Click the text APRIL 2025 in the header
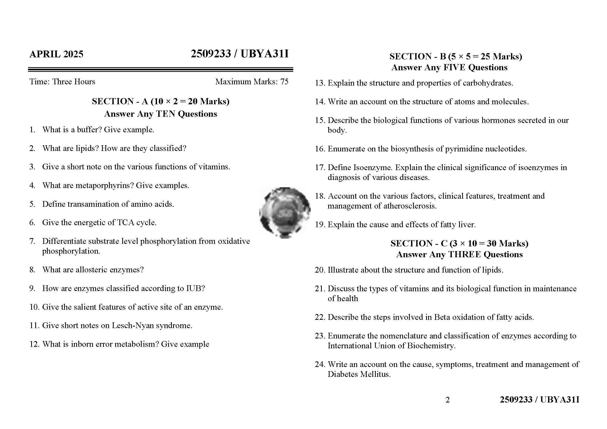[x=56, y=54]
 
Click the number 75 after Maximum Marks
[x=284, y=82]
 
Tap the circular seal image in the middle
[x=285, y=213]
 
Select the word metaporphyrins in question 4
[x=104, y=185]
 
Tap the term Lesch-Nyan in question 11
[x=133, y=326]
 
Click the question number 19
[x=320, y=225]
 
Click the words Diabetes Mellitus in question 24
[x=359, y=374]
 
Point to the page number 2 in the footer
[x=447, y=400]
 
